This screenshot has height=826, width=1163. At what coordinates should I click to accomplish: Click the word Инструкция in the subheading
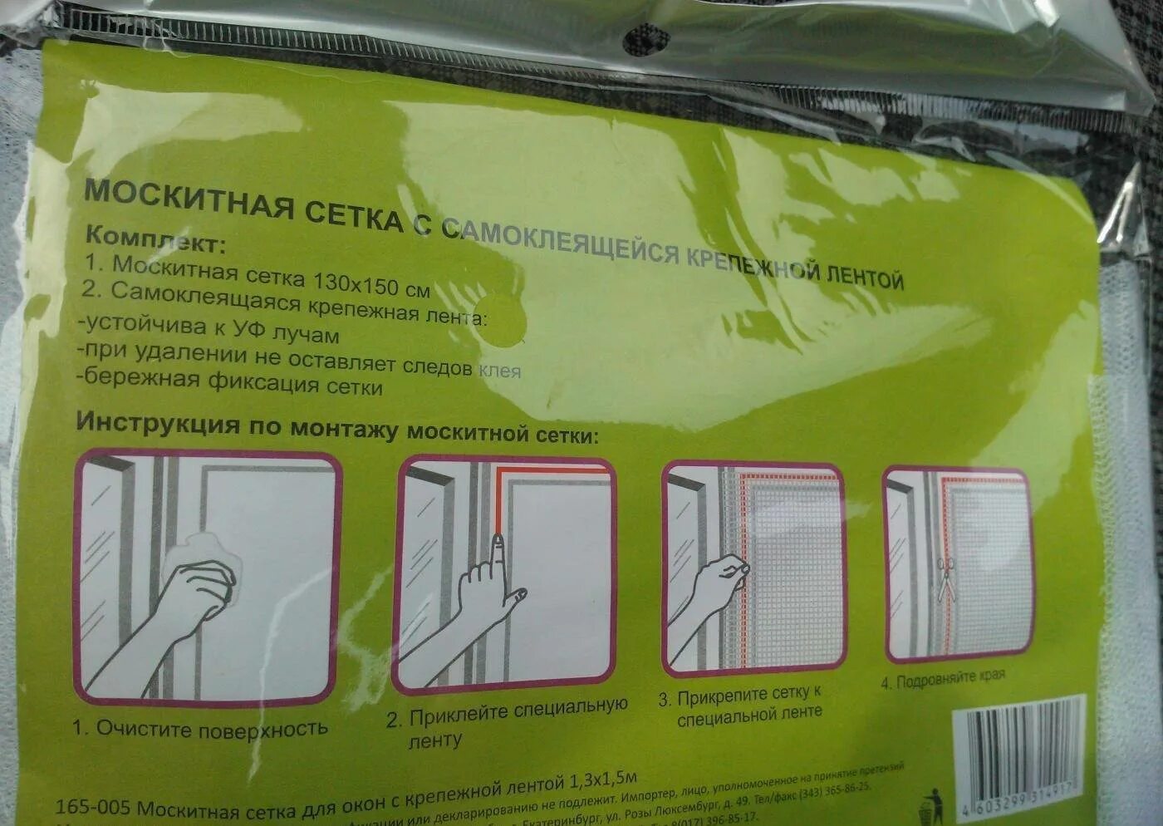[x=157, y=423]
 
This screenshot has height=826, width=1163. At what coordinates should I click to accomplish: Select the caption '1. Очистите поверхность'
[x=199, y=729]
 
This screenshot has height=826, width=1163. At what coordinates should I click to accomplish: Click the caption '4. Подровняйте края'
[x=942, y=676]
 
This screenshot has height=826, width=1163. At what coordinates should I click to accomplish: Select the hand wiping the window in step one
[x=199, y=582]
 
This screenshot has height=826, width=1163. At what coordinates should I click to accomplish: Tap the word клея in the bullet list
[x=499, y=370]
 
